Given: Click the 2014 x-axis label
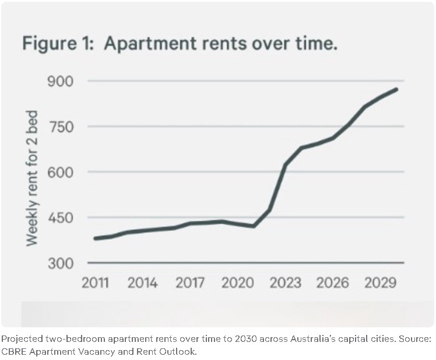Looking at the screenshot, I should [x=142, y=283].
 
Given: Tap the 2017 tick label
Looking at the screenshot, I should [x=190, y=283].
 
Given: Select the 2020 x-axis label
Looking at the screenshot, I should [x=238, y=283].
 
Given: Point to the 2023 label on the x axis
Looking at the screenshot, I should [x=286, y=283].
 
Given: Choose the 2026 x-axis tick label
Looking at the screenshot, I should [x=333, y=283].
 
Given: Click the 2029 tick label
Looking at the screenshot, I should [x=381, y=283].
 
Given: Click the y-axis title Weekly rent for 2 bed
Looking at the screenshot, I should [x=31, y=177].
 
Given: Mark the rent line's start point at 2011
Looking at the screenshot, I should [x=96, y=238].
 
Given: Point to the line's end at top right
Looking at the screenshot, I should [x=396, y=89].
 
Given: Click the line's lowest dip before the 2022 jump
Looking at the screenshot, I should [x=254, y=226].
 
